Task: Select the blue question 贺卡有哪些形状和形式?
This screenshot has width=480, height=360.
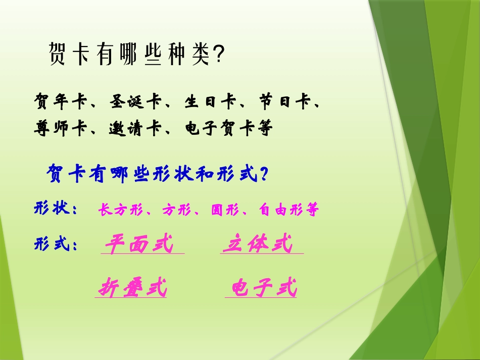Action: click(x=157, y=175)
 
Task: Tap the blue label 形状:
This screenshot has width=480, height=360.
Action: click(x=56, y=209)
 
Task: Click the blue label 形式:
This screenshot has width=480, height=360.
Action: click(x=56, y=245)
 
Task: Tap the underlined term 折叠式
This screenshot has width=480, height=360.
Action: click(x=132, y=288)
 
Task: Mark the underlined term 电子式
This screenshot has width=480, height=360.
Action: click(x=264, y=288)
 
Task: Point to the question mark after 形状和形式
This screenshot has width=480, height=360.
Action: click(x=262, y=175)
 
